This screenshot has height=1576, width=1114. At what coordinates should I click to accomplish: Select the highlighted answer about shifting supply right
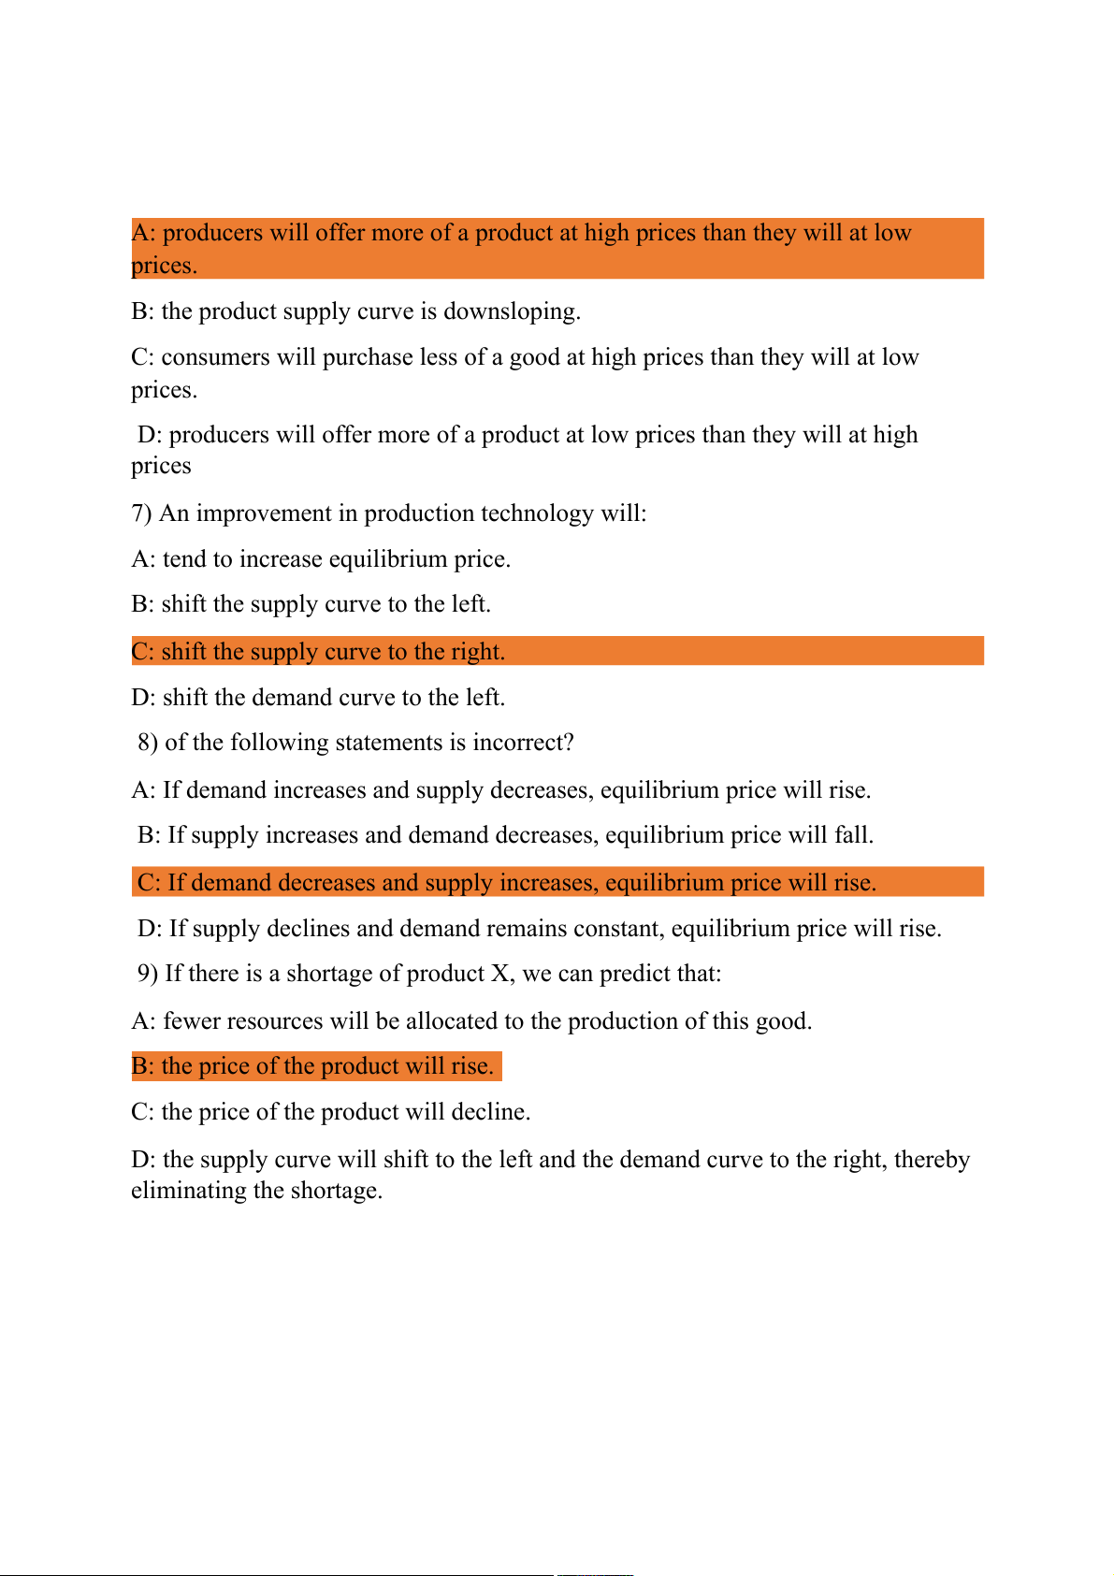(x=318, y=652)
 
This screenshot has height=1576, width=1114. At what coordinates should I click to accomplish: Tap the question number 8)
(x=148, y=743)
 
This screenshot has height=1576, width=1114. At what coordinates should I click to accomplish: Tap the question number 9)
(x=148, y=974)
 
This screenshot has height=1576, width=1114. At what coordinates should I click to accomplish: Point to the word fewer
(x=191, y=1021)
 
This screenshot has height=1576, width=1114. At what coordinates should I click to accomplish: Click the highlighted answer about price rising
(x=312, y=1066)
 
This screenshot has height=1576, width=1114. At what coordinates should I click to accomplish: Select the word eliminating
(x=189, y=1191)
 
